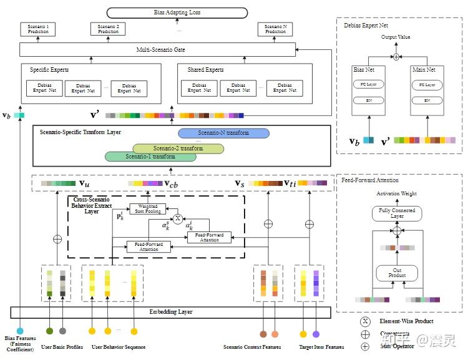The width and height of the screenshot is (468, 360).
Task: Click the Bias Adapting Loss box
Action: [177, 12]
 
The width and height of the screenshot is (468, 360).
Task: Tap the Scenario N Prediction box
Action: [275, 29]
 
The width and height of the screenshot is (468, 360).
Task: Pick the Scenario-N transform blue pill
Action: [223, 133]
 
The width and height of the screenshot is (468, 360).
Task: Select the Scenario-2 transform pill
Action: [178, 148]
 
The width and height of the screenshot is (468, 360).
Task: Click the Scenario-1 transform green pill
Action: [150, 157]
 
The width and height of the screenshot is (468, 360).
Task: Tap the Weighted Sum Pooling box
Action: [147, 209]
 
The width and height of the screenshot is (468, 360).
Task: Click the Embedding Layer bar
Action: [170, 311]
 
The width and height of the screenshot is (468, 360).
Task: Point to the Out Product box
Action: [397, 273]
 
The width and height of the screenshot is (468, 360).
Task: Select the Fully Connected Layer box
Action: [397, 213]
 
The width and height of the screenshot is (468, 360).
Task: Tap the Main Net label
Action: [423, 70]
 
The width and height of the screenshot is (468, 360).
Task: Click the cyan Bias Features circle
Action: [20, 331]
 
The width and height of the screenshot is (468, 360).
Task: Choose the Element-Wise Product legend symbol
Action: [365, 322]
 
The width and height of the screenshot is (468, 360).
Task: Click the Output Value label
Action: [396, 37]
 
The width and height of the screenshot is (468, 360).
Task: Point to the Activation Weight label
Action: [396, 194]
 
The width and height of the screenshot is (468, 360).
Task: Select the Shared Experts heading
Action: [205, 70]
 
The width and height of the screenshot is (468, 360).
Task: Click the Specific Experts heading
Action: [49, 70]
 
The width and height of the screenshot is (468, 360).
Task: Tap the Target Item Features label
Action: [321, 347]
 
